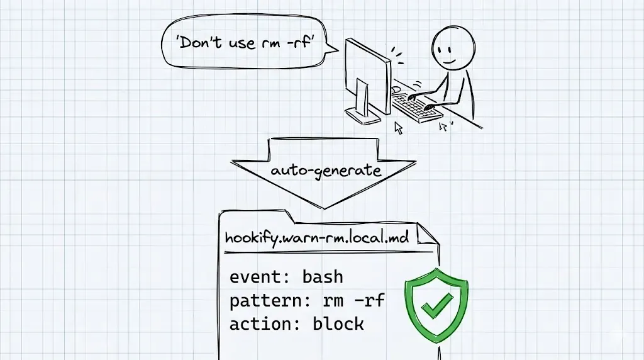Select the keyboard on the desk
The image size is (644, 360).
pos(418,108)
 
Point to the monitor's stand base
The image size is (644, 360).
pos(364,115)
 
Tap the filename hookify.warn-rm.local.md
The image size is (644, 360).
pos(319,239)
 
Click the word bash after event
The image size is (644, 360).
pos(323,277)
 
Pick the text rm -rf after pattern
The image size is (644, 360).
pos(353,301)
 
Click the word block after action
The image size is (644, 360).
pos(338,324)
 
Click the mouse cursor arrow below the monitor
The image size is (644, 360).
pos(398,128)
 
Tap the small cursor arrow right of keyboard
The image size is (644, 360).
pos(443,127)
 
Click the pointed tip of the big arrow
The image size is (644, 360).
pos(323,207)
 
